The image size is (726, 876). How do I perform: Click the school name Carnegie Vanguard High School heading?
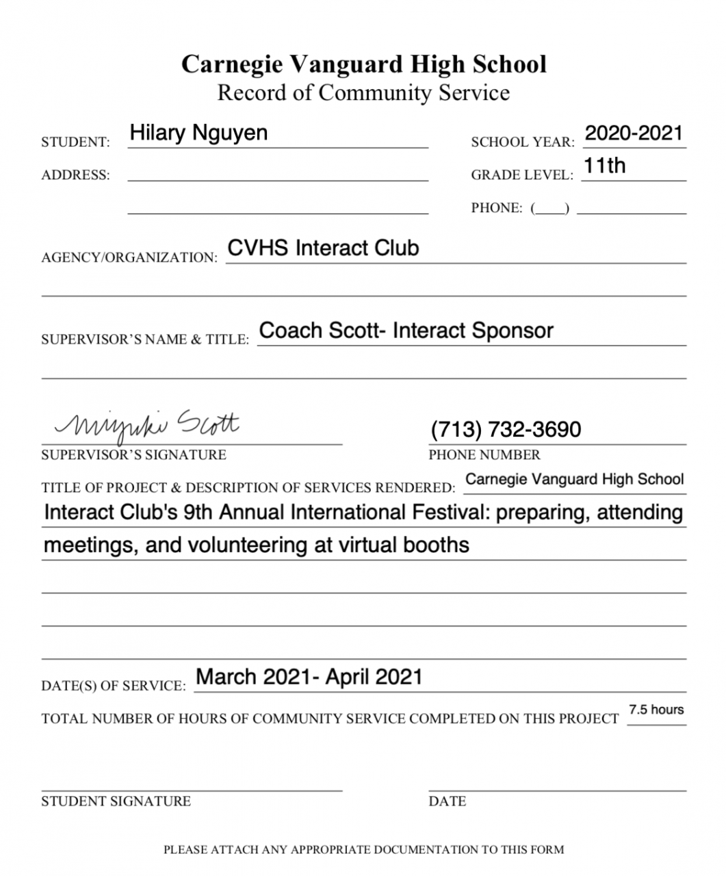pyautogui.click(x=363, y=64)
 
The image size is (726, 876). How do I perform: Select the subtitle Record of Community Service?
pyautogui.click(x=363, y=92)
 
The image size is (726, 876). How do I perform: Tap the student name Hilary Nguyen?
pyautogui.click(x=198, y=132)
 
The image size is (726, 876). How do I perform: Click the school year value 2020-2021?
pyautogui.click(x=634, y=133)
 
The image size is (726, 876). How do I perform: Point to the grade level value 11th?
pyautogui.click(x=604, y=165)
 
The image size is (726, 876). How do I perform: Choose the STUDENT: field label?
pyautogui.click(x=75, y=142)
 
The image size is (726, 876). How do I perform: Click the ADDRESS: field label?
pyautogui.click(x=75, y=175)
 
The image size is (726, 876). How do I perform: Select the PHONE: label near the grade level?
pyautogui.click(x=496, y=208)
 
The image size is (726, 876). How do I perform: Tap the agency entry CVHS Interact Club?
pyautogui.click(x=323, y=248)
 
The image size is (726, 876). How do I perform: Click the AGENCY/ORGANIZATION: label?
pyautogui.click(x=129, y=258)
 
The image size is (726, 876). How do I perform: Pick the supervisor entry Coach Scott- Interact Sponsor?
pyautogui.click(x=406, y=331)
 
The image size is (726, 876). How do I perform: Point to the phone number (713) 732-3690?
pyautogui.click(x=506, y=429)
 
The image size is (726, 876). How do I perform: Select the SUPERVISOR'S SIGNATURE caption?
pyautogui.click(x=133, y=455)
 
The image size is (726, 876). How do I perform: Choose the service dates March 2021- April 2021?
pyautogui.click(x=309, y=677)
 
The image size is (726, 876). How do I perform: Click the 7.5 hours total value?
pyautogui.click(x=656, y=710)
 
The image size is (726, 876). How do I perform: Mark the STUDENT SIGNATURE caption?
pyautogui.click(x=116, y=801)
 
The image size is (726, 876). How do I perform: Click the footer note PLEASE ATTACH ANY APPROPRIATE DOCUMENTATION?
pyautogui.click(x=363, y=850)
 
